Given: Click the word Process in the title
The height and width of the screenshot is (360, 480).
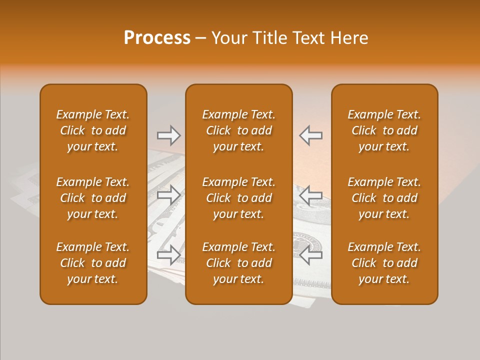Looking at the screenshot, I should click(x=157, y=38).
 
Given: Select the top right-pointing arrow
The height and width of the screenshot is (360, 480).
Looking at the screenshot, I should click(x=168, y=135).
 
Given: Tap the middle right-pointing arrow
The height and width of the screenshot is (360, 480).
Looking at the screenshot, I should click(x=168, y=195).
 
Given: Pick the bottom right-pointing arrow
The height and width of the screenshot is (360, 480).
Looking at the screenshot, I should click(x=168, y=255).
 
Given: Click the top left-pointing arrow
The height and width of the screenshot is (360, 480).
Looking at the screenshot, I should click(x=310, y=135).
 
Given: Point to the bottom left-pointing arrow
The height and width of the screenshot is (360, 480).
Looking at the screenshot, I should click(x=310, y=255).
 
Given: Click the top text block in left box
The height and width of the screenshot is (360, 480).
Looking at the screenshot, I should click(x=93, y=130).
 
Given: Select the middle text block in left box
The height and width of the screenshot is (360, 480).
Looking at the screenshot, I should click(x=93, y=198).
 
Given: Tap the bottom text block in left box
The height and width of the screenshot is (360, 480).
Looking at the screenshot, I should click(x=93, y=263).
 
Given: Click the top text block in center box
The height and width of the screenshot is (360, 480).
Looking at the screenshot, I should click(x=238, y=130).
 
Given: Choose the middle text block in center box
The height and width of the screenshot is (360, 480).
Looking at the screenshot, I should click(x=238, y=198).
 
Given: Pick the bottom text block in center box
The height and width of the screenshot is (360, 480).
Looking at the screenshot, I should click(x=238, y=263).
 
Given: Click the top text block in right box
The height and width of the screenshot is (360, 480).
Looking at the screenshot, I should click(x=384, y=130).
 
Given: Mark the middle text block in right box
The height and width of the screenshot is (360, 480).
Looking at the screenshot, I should click(x=384, y=198).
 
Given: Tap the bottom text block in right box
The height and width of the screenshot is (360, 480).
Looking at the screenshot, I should click(x=384, y=263).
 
